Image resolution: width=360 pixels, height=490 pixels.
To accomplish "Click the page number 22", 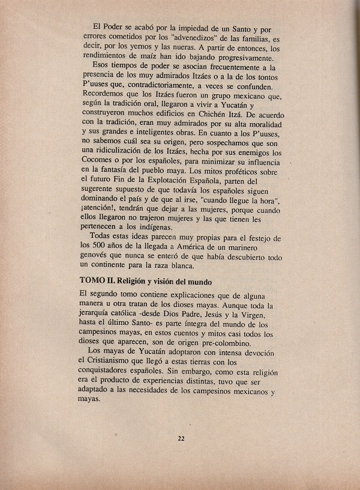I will click(x=181, y=438).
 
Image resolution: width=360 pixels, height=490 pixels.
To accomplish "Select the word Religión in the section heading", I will click(x=134, y=281).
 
